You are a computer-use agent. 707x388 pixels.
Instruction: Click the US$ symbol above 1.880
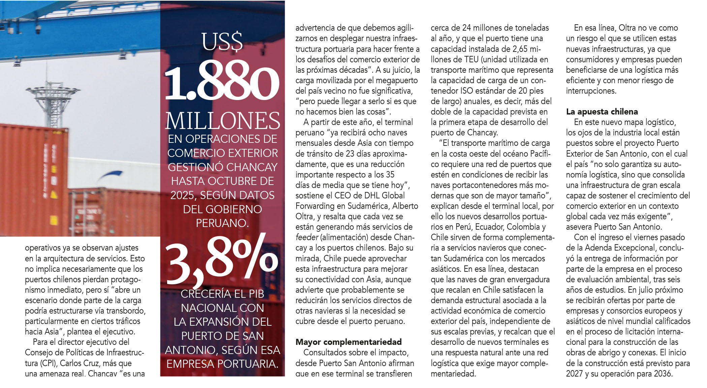pos(222,42)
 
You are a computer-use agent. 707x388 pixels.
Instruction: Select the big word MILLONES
pos(222,121)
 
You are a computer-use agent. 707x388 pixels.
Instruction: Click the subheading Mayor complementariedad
pos(348,342)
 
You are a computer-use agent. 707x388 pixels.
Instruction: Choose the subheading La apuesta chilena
pos(602,111)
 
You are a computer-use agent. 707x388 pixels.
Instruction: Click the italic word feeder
pos(307,237)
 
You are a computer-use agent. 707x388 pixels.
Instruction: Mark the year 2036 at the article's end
pos(662,374)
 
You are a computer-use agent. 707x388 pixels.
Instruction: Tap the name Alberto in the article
pos(405,206)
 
